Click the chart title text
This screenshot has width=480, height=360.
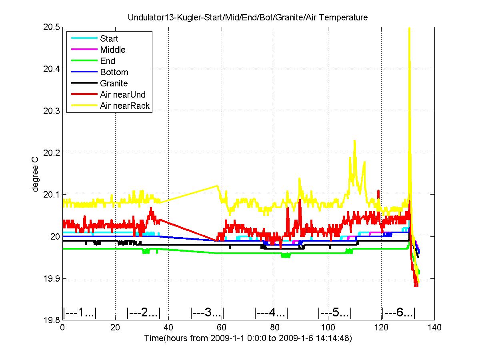coord(248,18)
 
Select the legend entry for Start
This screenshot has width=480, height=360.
coord(109,39)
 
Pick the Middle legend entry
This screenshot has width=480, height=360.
coord(112,50)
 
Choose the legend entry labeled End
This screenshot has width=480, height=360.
coord(108,61)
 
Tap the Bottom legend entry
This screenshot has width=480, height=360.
coord(114,72)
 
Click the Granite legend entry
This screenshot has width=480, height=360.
coord(114,84)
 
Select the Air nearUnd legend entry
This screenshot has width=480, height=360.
coord(123,95)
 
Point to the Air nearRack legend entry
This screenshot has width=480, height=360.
coord(125,106)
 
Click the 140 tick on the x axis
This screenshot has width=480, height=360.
coord(434,328)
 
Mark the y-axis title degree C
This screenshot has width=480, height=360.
coord(36,174)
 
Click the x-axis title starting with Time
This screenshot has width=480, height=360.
coord(248,338)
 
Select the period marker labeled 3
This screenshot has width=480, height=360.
coord(207,312)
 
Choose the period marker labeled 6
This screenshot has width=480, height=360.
coord(398,312)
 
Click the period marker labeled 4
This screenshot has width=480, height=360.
coord(271,312)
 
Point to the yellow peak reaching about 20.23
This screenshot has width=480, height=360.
coord(354,141)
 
